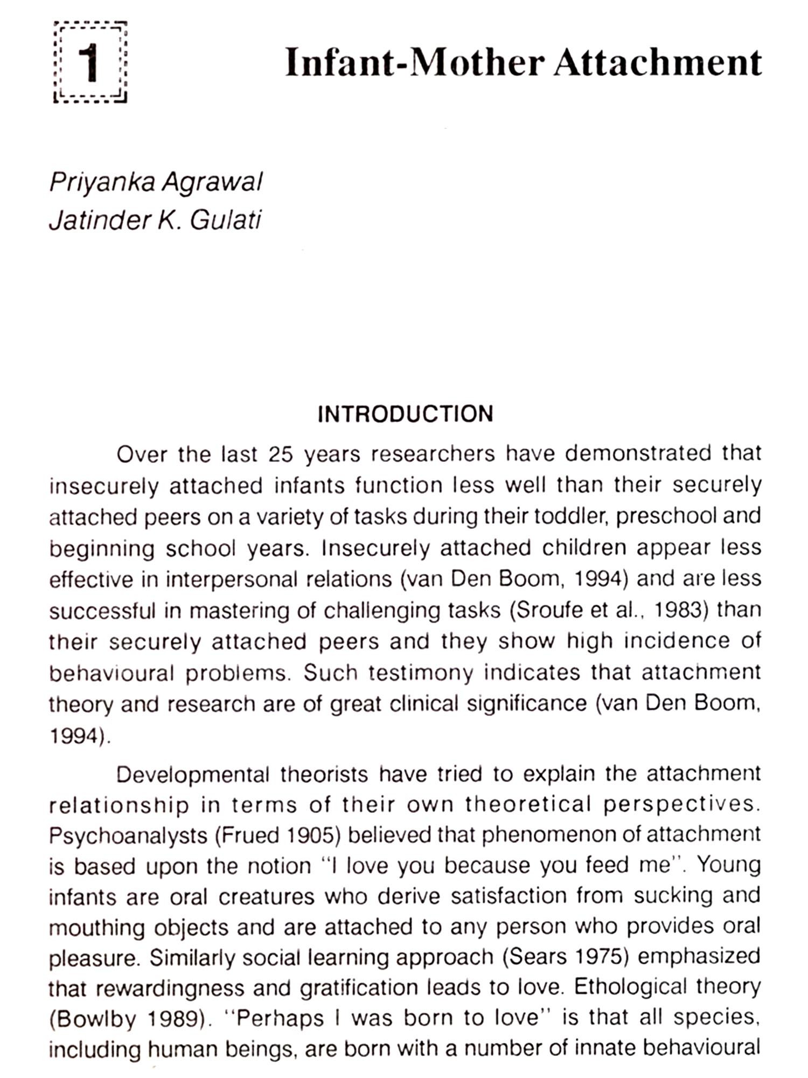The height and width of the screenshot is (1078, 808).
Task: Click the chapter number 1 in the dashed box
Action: (x=90, y=63)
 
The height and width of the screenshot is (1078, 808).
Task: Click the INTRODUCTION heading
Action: (x=405, y=414)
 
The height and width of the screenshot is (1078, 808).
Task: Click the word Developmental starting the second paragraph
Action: (x=192, y=775)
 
